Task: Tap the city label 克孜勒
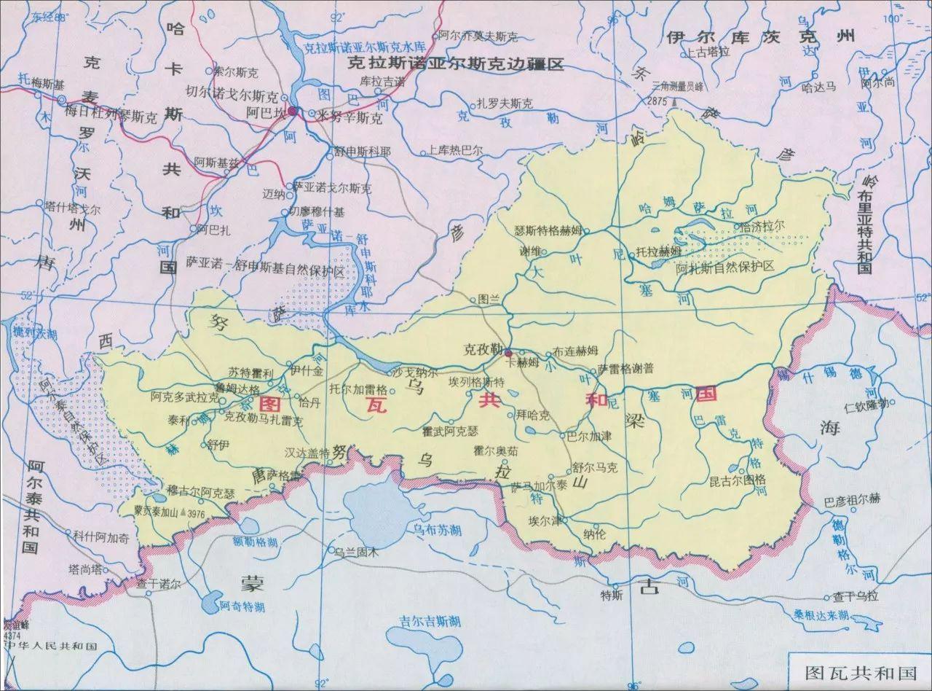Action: pos(483,349)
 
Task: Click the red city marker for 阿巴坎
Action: pos(292,112)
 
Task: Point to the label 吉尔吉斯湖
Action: pos(430,621)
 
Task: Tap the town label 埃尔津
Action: pos(545,521)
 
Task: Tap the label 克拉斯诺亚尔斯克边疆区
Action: pos(456,64)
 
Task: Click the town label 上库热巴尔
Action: pos(455,152)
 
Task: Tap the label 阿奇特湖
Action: pos(242,606)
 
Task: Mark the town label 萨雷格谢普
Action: pos(625,368)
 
